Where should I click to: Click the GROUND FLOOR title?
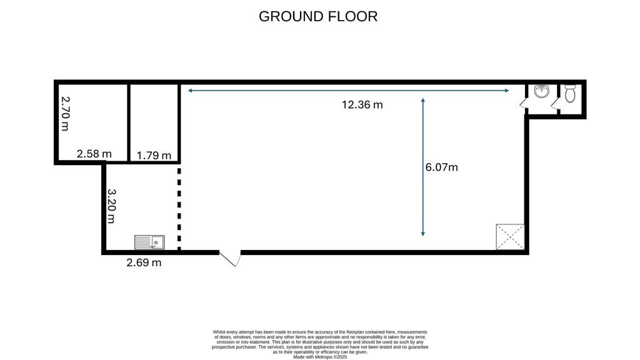coord(318,16)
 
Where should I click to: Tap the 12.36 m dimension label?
coord(362,105)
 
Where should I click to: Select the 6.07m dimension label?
coord(441,167)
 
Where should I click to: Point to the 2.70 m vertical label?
coord(64,112)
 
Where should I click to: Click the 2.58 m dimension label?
coord(94,154)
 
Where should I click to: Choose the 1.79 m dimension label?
coord(154,155)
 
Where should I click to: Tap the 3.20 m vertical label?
coord(111,206)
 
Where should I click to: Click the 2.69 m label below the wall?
coord(144,262)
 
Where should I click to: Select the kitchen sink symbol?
coord(149,242)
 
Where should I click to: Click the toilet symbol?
coord(569,94)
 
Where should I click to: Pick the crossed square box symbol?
coord(510,237)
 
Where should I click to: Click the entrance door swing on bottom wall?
coord(231,259)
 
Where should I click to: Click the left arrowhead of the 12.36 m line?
coord(189,91)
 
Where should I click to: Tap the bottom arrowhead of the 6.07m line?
coord(423,234)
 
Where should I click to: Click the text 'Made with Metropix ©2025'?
coord(319,357)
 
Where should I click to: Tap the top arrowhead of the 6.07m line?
coord(423,100)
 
